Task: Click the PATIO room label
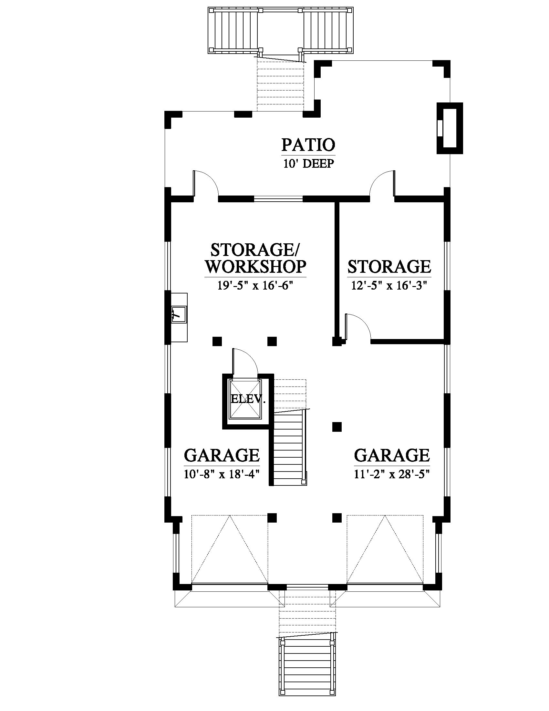pos(308,145)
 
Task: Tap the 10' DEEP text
pos(308,164)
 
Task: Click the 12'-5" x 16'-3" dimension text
pos(389,285)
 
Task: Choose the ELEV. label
pos(248,399)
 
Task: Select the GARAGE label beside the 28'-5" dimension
pos(392,455)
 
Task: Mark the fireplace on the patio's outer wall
pos(450,128)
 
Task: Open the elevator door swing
pos(245,362)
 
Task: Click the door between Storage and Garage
pos(358,327)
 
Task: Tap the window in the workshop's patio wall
pos(278,198)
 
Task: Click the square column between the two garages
pos(337,427)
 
